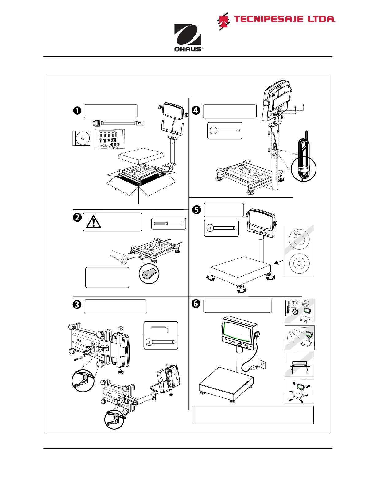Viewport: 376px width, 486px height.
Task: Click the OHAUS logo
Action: [188, 38]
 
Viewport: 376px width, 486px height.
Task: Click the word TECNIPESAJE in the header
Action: [268, 19]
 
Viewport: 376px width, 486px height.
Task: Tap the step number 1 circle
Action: [77, 110]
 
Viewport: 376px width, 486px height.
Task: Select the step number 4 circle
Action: [196, 110]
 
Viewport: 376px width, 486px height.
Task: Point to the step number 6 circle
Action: [196, 304]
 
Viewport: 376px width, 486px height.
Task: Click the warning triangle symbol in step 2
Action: [94, 222]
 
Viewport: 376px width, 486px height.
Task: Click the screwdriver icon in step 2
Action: [169, 224]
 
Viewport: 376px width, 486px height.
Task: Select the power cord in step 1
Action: [118, 123]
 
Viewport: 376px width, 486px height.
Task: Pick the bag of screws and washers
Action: [110, 139]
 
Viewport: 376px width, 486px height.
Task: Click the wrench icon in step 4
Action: [225, 131]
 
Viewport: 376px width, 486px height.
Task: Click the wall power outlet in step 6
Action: [262, 364]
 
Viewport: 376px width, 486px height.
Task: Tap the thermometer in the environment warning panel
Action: [288, 308]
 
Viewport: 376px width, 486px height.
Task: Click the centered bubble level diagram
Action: [299, 263]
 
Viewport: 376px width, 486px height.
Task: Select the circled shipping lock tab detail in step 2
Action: [149, 274]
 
